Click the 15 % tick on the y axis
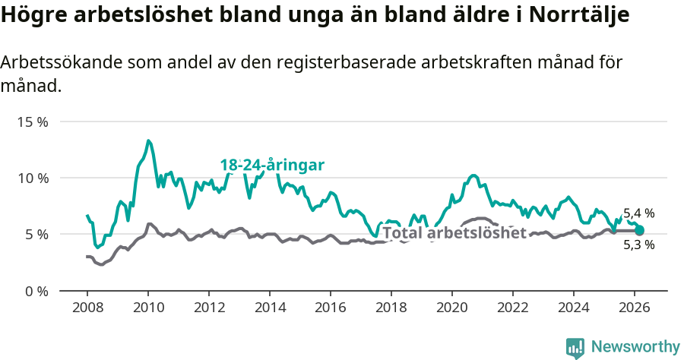click(32, 122)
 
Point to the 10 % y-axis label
click(32, 178)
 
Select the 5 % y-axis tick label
click(35, 234)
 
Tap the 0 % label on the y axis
click(35, 291)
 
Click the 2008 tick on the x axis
click(87, 308)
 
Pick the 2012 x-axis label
click(209, 308)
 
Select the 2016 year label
click(331, 308)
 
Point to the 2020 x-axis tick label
click(452, 308)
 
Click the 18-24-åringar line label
click(272, 165)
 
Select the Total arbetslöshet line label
click(454, 232)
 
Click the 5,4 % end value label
click(638, 213)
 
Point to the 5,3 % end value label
click(638, 245)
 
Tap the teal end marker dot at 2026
click(639, 230)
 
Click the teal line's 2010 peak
click(148, 141)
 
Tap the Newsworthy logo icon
click(575, 348)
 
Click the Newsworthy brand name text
click(635, 347)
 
